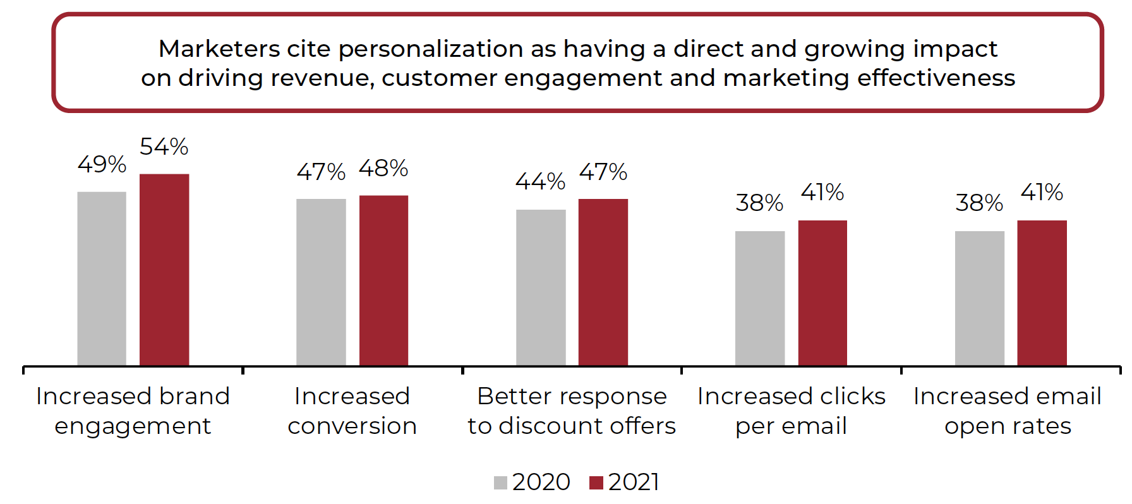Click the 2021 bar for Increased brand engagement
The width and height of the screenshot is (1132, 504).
coord(164,270)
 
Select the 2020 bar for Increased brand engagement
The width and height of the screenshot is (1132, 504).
coord(102,279)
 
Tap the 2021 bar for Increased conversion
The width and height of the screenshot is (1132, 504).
coord(383,280)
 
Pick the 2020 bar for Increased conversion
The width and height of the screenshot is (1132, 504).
coord(321,282)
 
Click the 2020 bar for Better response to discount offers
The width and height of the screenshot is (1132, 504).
coord(541,287)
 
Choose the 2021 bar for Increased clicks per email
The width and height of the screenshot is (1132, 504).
coord(822,293)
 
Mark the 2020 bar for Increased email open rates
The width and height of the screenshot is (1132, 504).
coord(979,298)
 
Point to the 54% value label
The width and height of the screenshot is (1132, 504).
coord(164,147)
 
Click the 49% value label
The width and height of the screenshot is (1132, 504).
coord(102,165)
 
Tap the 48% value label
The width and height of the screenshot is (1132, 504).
coord(383,169)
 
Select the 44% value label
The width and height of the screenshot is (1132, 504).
coord(541,182)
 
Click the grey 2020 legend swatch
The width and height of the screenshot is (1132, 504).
coord(500,483)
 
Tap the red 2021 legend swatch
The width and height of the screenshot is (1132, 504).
coord(596,483)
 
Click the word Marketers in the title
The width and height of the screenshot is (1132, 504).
coord(219,49)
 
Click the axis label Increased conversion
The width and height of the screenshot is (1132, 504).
coord(352,411)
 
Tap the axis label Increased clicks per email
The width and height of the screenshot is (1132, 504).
coord(791,411)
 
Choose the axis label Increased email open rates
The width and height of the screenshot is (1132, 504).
coord(1008,411)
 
